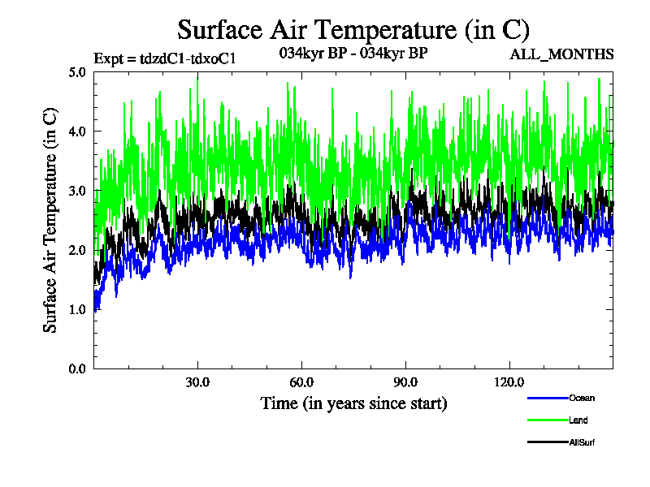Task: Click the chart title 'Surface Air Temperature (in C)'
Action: pyautogui.click(x=353, y=30)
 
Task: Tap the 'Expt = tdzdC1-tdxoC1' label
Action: pyautogui.click(x=165, y=58)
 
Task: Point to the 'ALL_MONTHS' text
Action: pyautogui.click(x=561, y=54)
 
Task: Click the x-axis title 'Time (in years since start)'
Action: pyautogui.click(x=353, y=403)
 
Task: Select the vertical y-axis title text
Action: pyautogui.click(x=50, y=220)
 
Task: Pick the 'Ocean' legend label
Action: pyautogui.click(x=582, y=398)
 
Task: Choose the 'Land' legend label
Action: pyautogui.click(x=578, y=420)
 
